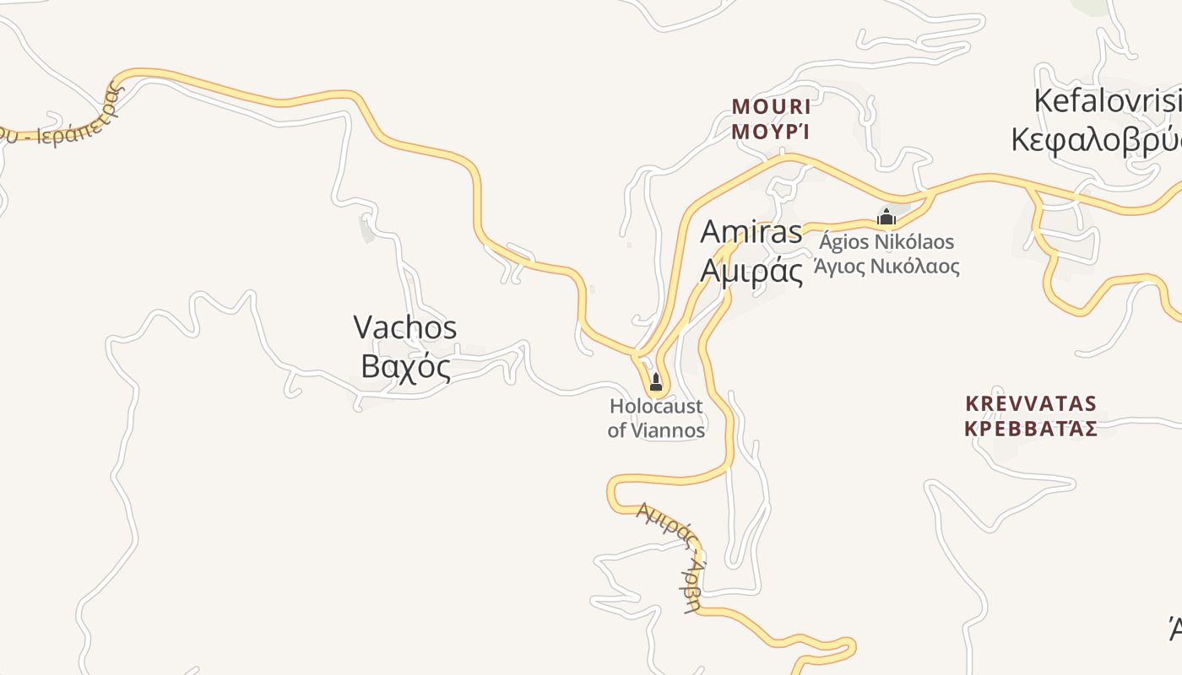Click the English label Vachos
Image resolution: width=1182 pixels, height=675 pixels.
tap(405, 327)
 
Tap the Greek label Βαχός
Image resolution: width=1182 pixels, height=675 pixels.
tap(405, 366)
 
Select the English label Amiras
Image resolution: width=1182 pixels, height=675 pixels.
tap(751, 232)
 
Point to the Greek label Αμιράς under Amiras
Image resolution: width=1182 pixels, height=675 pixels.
tap(752, 271)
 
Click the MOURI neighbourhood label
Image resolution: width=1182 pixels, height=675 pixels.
tap(771, 107)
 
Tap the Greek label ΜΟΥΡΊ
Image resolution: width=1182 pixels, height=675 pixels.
tap(771, 132)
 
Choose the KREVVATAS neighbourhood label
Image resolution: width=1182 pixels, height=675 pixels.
tap(1030, 403)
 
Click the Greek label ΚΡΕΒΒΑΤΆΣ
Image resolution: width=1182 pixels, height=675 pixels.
tap(1030, 428)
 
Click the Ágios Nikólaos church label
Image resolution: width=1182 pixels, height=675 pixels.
tap(886, 242)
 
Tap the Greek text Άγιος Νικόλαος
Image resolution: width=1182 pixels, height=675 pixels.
tap(886, 267)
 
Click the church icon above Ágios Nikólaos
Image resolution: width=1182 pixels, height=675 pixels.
tap(886, 218)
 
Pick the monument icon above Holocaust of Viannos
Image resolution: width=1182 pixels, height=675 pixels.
tap(656, 383)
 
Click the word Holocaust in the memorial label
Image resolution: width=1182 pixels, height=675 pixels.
tap(656, 407)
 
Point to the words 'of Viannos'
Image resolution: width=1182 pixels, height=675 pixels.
tap(656, 430)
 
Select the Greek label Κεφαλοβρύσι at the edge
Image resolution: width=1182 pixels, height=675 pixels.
tap(1098, 139)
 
